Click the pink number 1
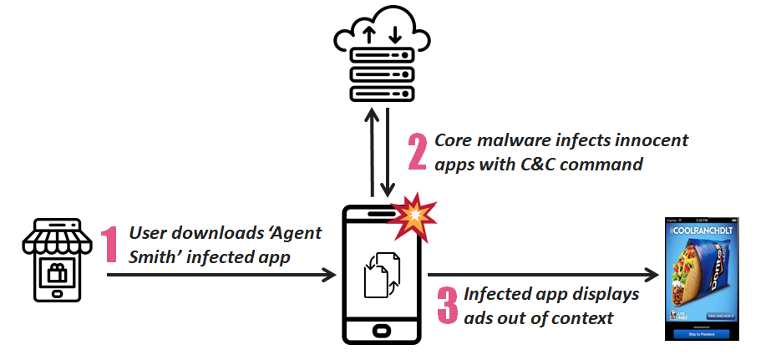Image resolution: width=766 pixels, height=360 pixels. tap(109, 245)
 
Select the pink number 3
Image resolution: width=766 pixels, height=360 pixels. tap(449, 306)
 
